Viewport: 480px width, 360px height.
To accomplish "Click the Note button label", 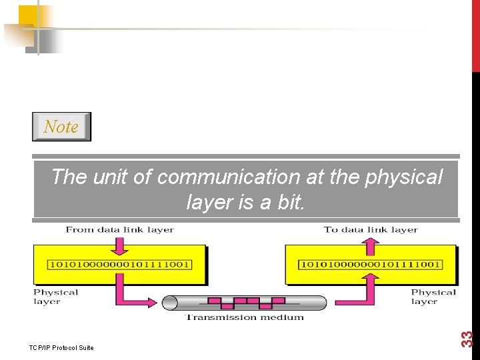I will click(x=61, y=127).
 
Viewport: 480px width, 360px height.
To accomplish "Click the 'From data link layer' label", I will click(x=119, y=230).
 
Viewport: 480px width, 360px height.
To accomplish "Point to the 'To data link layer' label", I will click(x=371, y=230).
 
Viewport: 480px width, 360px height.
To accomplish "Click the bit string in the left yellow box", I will click(x=119, y=264).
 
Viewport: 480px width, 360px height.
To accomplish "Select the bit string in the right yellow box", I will click(x=371, y=264).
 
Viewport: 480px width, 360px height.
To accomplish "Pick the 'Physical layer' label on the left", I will click(x=55, y=297).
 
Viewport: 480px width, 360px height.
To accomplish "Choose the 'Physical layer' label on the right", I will click(x=433, y=297).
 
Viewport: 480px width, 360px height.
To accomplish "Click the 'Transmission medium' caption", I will click(x=244, y=317).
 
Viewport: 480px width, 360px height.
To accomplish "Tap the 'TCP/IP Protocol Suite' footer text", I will click(x=62, y=347).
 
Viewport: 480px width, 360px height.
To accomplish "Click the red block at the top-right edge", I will click(x=475, y=33).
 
